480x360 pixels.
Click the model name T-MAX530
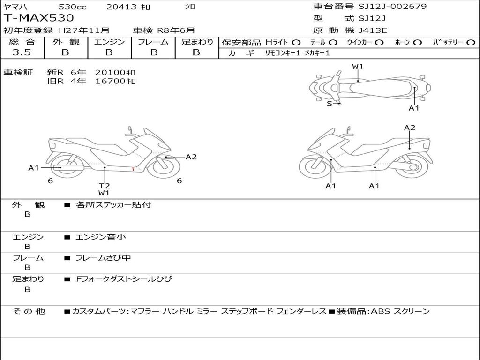click(x=39, y=18)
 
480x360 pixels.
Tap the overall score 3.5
click(x=22, y=52)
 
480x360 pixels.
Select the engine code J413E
click(x=373, y=30)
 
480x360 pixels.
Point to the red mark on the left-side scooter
click(x=133, y=168)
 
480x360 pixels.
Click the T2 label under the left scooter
click(x=104, y=186)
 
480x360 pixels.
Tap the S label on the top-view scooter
click(x=329, y=104)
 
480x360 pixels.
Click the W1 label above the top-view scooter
click(x=358, y=67)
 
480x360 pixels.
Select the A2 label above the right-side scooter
click(x=410, y=127)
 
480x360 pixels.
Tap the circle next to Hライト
click(x=296, y=43)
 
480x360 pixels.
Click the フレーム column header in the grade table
click(x=153, y=42)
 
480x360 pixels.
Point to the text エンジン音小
click(x=101, y=237)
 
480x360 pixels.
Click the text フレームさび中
click(x=103, y=258)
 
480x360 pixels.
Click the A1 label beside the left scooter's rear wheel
click(x=33, y=167)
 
